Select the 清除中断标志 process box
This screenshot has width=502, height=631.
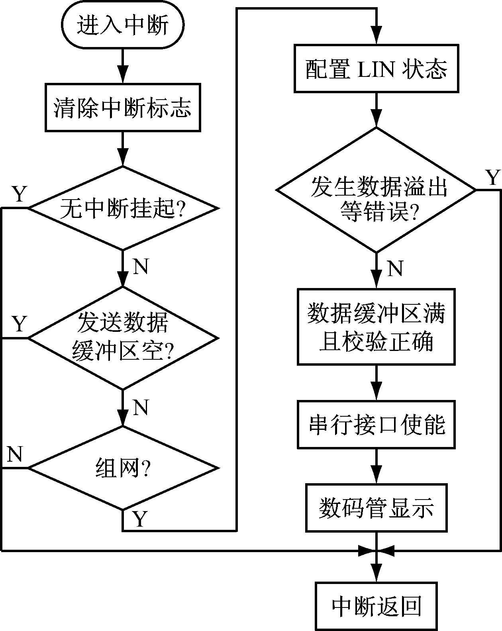click(123, 107)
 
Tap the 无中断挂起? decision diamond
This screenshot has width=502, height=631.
click(123, 208)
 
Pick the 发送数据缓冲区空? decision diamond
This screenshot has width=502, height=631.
click(123, 338)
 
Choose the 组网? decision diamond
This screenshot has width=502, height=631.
click(123, 467)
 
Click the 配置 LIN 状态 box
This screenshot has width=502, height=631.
click(376, 69)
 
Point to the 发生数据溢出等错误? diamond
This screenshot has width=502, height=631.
click(376, 190)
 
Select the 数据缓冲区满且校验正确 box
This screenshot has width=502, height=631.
click(376, 326)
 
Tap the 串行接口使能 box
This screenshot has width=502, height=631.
click(376, 425)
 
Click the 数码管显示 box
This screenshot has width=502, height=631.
click(376, 508)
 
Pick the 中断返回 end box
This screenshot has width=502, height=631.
click(376, 606)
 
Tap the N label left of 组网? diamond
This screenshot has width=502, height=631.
click(14, 454)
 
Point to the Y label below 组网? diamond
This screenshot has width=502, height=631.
click(139, 519)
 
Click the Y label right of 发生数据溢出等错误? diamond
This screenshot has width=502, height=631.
click(492, 178)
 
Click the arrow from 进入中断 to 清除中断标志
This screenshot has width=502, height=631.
click(123, 67)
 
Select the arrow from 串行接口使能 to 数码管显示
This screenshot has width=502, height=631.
click(376, 466)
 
